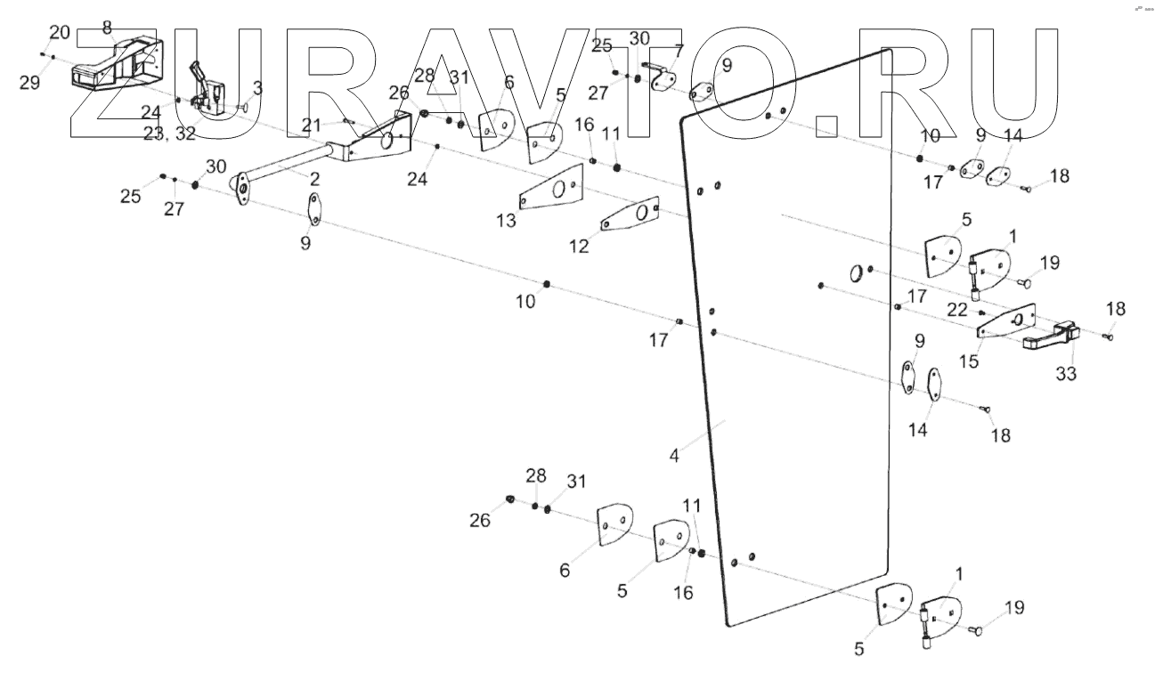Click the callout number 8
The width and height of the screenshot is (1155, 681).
click(x=108, y=27)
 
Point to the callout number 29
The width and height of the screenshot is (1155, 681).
click(x=29, y=83)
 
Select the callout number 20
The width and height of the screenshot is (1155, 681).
click(x=59, y=33)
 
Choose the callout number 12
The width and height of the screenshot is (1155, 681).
click(x=580, y=247)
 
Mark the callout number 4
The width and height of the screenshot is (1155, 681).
click(x=675, y=456)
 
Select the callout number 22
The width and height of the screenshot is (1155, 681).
click(x=956, y=309)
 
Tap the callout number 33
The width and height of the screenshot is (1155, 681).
click(x=1066, y=374)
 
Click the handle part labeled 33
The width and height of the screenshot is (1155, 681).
click(x=1051, y=336)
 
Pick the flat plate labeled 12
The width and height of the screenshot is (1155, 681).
click(x=629, y=215)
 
